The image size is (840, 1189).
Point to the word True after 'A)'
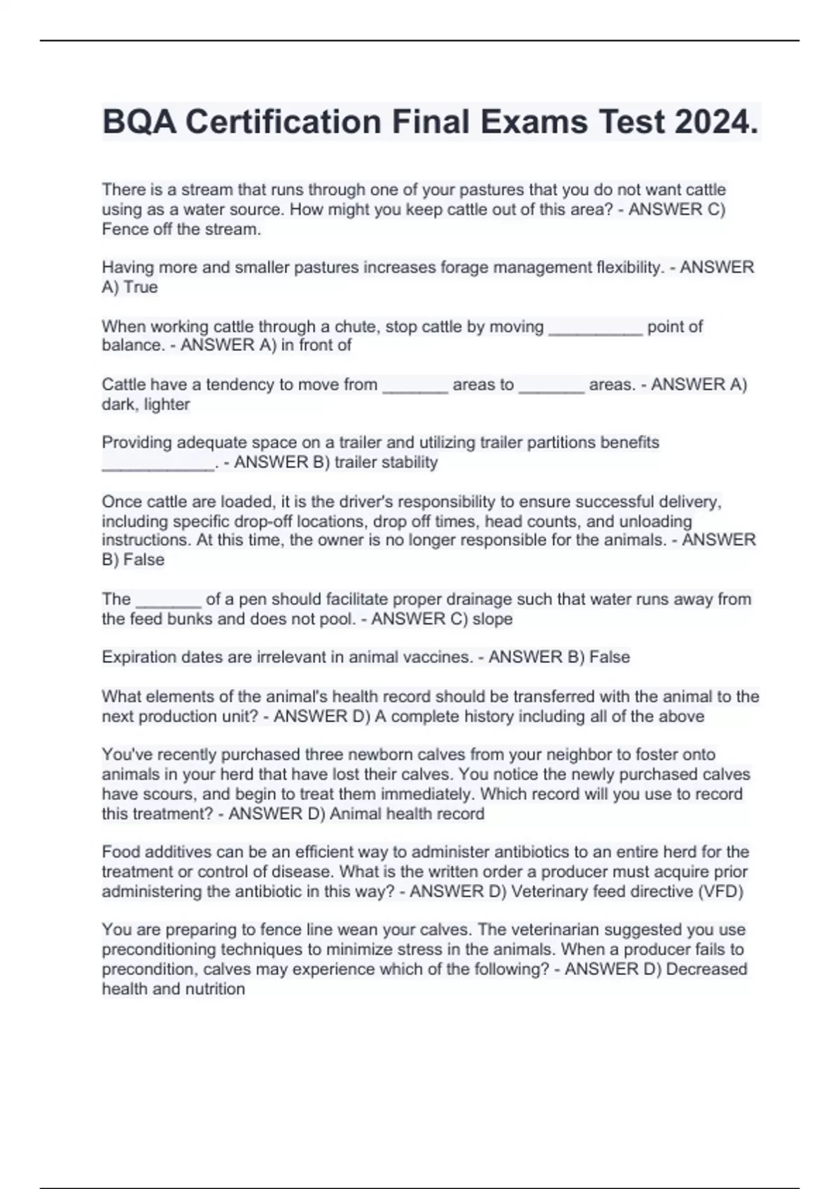pos(141,287)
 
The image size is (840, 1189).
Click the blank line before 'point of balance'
pos(595,327)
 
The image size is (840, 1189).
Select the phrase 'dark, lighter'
pos(146,404)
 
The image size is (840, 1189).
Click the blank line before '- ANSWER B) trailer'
pos(158,462)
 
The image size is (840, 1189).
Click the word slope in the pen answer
pos(493,618)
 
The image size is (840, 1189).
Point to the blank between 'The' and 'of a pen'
pos(168,599)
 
